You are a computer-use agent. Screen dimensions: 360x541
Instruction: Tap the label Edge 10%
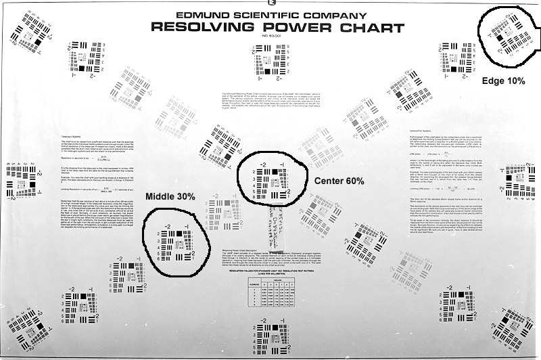pyautogui.click(x=503, y=81)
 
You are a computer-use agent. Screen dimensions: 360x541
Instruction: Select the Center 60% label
pyautogui.click(x=339, y=181)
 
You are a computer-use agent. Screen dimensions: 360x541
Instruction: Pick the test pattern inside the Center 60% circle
pyautogui.click(x=273, y=177)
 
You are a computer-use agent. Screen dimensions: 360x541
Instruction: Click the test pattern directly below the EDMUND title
pyautogui.click(x=269, y=59)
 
